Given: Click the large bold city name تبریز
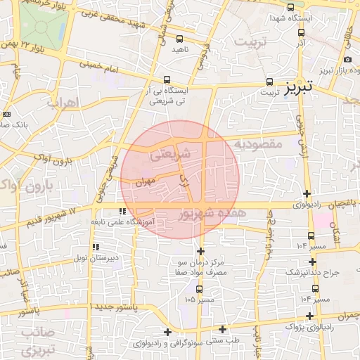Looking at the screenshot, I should coord(297,88).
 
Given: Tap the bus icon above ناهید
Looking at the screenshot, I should coord(179,39).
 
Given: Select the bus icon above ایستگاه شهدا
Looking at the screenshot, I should coord(291,6).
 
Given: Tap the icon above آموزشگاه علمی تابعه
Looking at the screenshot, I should coord(122,211).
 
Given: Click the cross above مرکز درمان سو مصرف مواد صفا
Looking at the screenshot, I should coord(200,250).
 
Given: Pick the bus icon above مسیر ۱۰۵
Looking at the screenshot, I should coord(199,288).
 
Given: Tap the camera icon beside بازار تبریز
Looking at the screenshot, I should coord(348,60).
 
